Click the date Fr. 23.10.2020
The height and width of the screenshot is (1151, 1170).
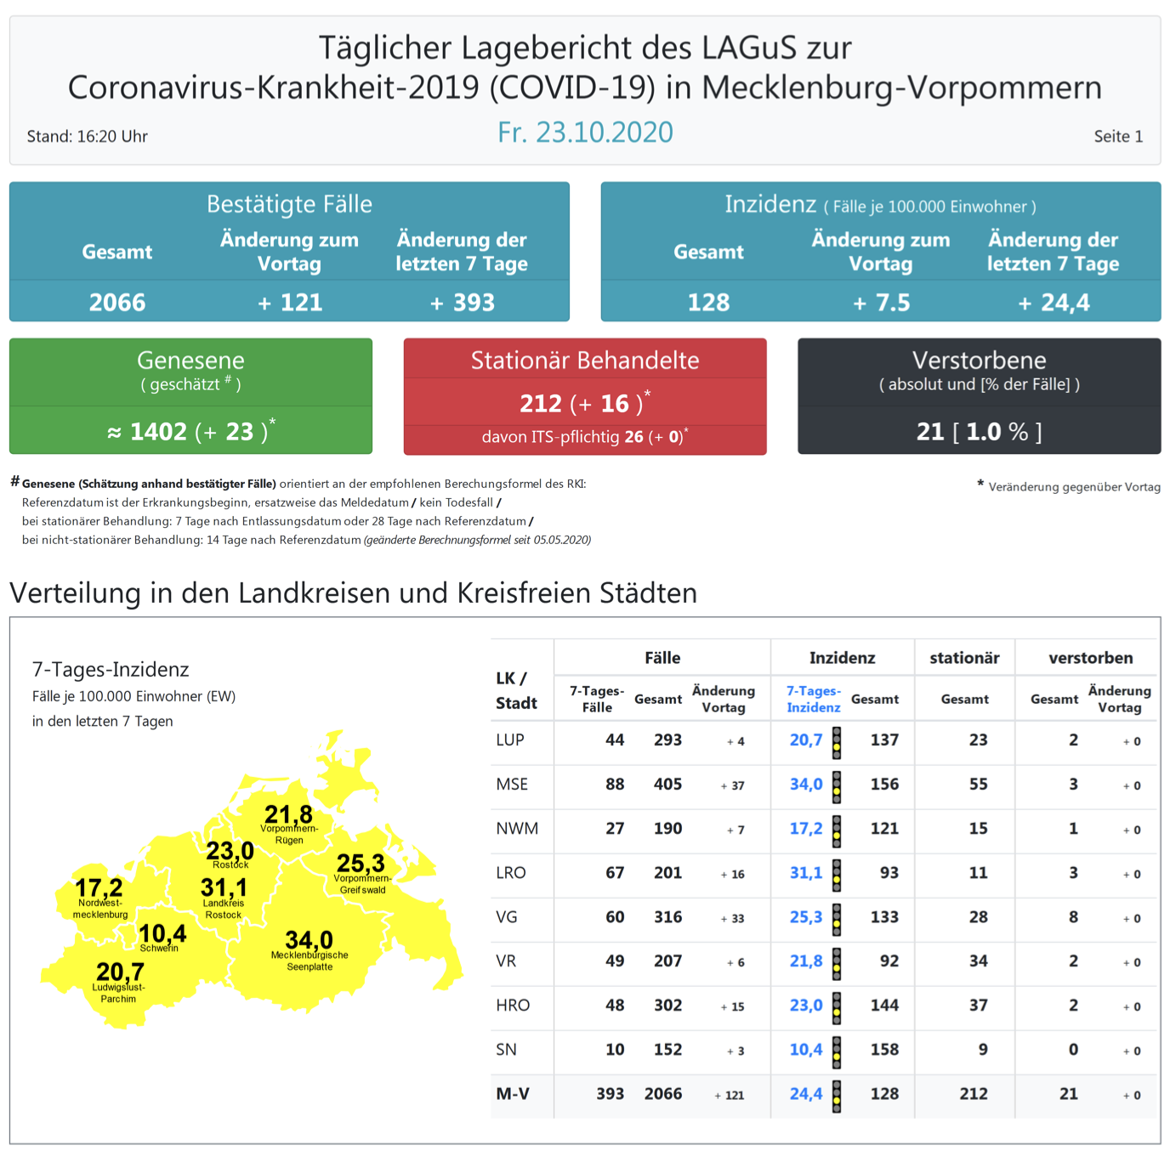(585, 133)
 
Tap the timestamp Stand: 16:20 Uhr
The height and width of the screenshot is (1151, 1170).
(88, 136)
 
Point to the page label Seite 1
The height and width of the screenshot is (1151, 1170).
(1118, 136)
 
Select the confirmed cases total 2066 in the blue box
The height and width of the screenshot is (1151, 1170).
(117, 303)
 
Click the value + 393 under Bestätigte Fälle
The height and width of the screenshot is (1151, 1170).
(462, 303)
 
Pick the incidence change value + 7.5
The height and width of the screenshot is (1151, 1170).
(881, 303)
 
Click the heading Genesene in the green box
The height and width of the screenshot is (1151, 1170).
(190, 360)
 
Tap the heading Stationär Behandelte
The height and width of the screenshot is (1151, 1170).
(585, 360)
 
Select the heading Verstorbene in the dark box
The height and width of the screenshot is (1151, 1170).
(979, 360)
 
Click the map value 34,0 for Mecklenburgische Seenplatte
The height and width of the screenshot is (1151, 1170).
(309, 940)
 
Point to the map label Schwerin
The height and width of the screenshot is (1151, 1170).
(159, 949)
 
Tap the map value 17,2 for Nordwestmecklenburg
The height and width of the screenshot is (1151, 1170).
(99, 888)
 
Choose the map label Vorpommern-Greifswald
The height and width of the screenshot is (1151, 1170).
(363, 884)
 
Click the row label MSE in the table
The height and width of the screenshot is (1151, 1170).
(512, 785)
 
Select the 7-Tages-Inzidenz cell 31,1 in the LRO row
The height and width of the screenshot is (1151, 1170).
(806, 873)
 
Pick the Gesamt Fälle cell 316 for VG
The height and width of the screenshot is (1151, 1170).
(667, 917)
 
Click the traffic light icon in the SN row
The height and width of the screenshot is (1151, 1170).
(837, 1051)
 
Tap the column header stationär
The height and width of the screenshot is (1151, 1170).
(964, 658)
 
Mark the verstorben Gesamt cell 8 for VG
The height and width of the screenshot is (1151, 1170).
(1073, 917)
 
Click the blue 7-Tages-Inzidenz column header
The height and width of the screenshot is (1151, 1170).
(813, 699)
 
